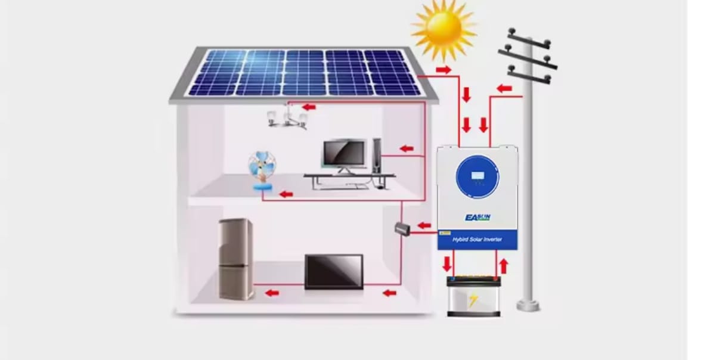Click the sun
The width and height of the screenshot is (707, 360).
[x=444, y=27]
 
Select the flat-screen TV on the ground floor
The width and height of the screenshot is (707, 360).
[x=333, y=271]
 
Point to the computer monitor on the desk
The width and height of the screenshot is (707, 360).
[x=344, y=154]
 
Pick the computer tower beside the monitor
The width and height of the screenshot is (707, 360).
[x=377, y=156]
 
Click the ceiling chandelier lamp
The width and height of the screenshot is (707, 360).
[x=287, y=116]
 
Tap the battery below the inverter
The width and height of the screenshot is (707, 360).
[x=474, y=296]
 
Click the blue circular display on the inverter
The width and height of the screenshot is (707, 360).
[x=477, y=176]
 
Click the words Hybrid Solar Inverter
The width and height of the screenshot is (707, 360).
[x=477, y=240]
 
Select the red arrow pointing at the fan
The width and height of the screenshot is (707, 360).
[x=286, y=194]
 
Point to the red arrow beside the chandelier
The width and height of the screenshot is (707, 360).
[x=308, y=107]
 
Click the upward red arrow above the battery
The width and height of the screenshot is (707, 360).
[x=503, y=265]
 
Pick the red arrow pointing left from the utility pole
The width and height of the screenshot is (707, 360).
[x=504, y=89]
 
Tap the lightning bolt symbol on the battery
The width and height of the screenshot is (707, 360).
[x=473, y=299]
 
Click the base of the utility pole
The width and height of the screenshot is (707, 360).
[x=528, y=305]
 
